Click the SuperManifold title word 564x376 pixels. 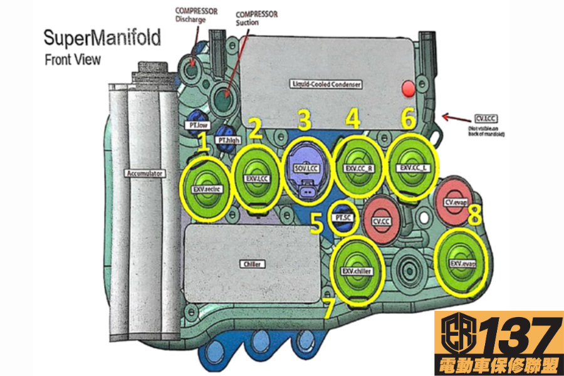102,38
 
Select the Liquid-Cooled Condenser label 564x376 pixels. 326,83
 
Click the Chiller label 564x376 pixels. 251,264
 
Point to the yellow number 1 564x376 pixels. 203,144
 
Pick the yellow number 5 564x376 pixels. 317,222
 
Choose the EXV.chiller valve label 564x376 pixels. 357,271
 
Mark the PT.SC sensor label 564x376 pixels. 342,217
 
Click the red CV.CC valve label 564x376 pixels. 382,222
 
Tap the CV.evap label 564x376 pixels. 457,202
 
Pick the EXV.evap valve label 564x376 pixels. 462,264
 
